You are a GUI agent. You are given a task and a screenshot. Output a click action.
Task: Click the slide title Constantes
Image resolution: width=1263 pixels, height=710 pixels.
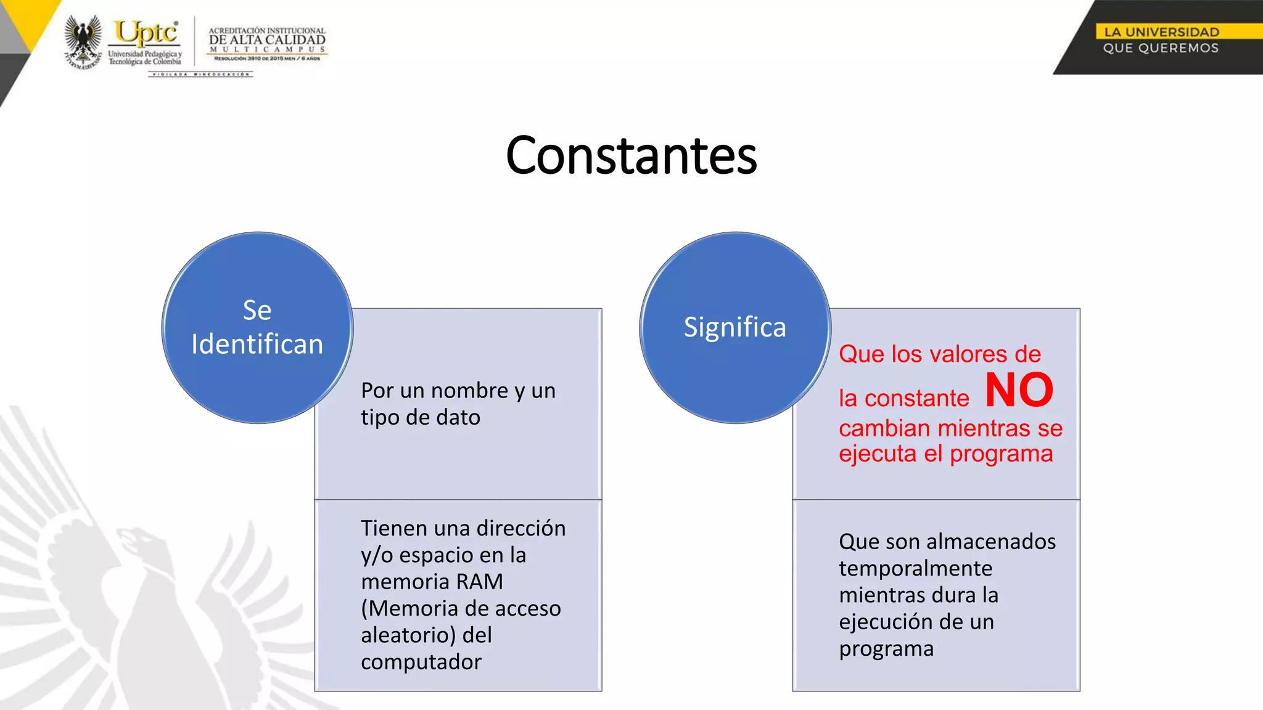(631, 155)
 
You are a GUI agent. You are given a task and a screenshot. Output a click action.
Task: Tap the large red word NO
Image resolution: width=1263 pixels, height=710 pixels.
(1019, 391)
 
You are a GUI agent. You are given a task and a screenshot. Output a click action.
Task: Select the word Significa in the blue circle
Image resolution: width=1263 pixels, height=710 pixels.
(734, 327)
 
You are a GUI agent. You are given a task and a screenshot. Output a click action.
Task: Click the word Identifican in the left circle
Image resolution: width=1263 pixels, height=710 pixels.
(257, 345)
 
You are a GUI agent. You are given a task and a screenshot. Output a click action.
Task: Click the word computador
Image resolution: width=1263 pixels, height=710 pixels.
(421, 662)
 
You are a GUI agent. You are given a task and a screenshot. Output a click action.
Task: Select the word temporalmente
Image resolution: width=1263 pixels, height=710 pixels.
(915, 568)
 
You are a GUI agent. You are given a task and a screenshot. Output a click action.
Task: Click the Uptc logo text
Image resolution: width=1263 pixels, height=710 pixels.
(146, 33)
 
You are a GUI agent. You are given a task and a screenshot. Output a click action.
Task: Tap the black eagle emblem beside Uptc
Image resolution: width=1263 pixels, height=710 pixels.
(83, 41)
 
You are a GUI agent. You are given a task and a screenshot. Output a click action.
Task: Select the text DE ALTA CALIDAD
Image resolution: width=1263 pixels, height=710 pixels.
(267, 40)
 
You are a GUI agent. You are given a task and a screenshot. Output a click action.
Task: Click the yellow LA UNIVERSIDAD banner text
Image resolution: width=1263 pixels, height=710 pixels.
(1161, 32)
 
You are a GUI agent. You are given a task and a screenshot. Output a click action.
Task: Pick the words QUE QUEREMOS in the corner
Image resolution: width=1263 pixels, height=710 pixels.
(1161, 48)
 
